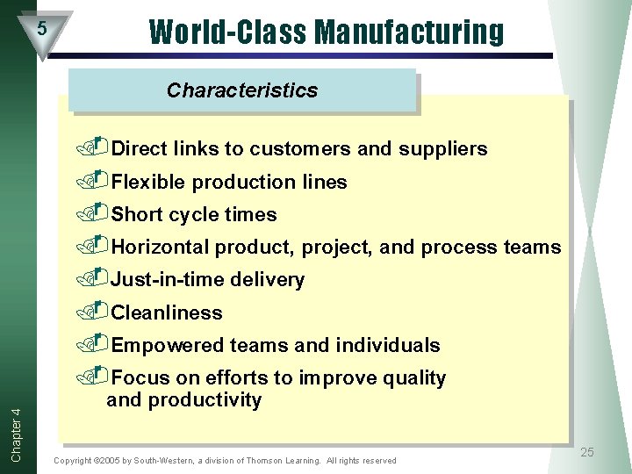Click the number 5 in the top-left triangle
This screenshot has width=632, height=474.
[x=41, y=29]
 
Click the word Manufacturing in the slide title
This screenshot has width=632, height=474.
[x=409, y=31]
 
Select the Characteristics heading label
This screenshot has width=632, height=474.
[x=242, y=90]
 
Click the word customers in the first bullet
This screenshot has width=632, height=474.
[x=299, y=148]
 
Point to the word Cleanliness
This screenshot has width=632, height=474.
[x=167, y=312]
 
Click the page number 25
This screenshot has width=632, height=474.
[x=587, y=452]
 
